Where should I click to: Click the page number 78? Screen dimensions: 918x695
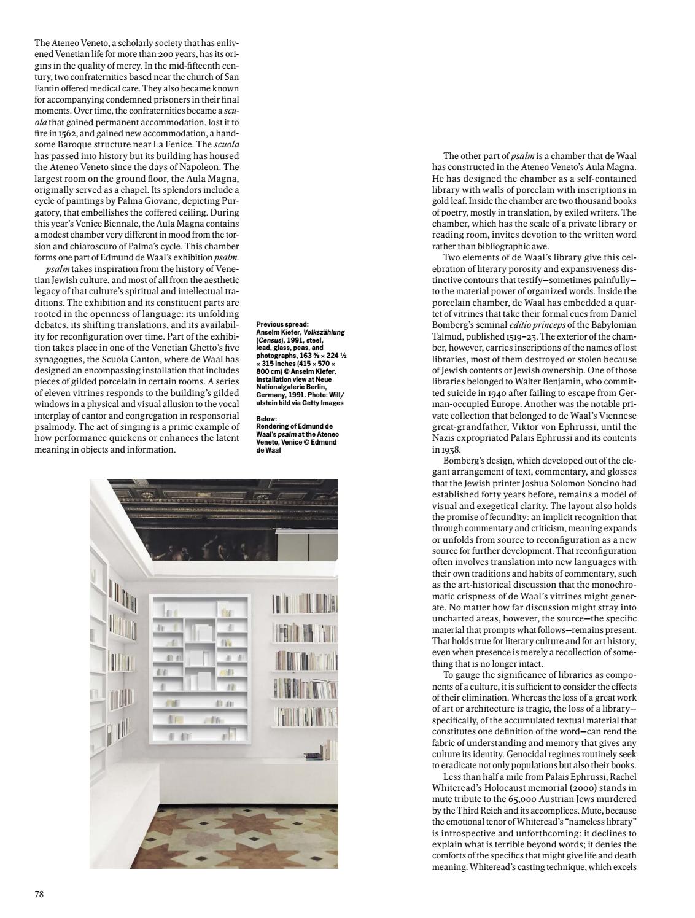click(39, 894)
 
